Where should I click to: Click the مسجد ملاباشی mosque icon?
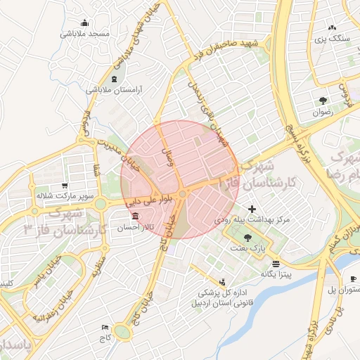click(85, 22)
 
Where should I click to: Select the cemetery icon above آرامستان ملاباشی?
click(115, 77)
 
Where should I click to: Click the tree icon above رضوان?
click(323, 100)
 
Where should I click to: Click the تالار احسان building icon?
click(135, 215)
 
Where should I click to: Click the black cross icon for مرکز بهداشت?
click(252, 209)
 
